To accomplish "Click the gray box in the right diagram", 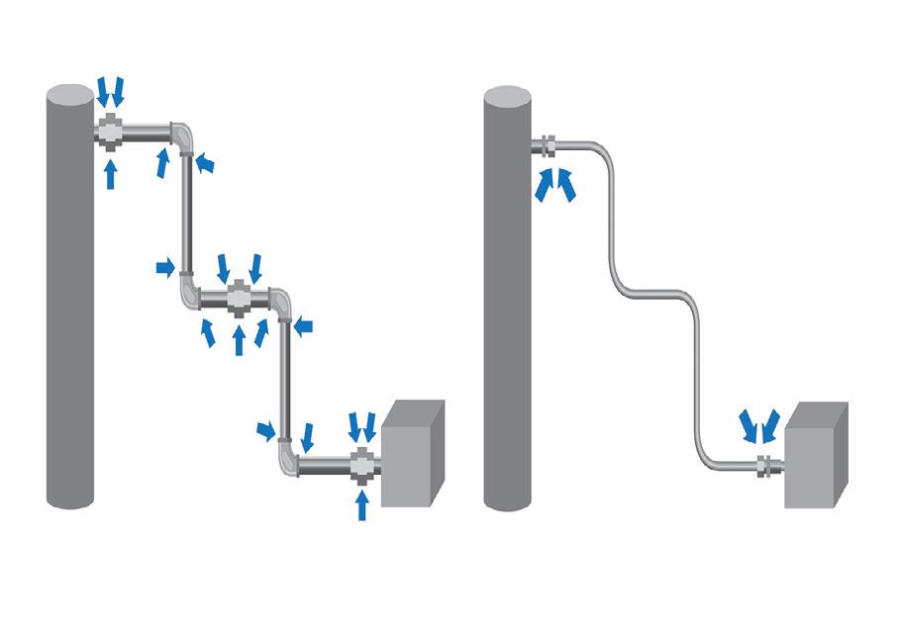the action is click(x=816, y=457).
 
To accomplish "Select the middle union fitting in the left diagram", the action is click(x=239, y=297).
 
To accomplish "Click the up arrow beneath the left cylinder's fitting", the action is click(x=111, y=174).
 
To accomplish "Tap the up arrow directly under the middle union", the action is click(x=239, y=339).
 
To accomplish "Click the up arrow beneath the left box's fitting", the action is click(x=362, y=505).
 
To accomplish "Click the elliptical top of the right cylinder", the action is click(x=508, y=97).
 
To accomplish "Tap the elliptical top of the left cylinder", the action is click(x=70, y=97).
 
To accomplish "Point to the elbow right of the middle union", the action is click(x=282, y=302).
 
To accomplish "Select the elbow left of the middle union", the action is click(x=189, y=294).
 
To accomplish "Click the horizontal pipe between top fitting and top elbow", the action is click(x=146, y=130).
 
